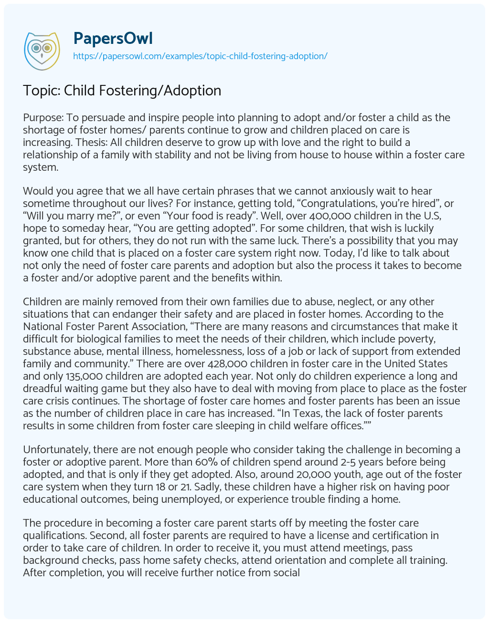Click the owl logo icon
(42, 49)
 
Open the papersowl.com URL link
(200, 56)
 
